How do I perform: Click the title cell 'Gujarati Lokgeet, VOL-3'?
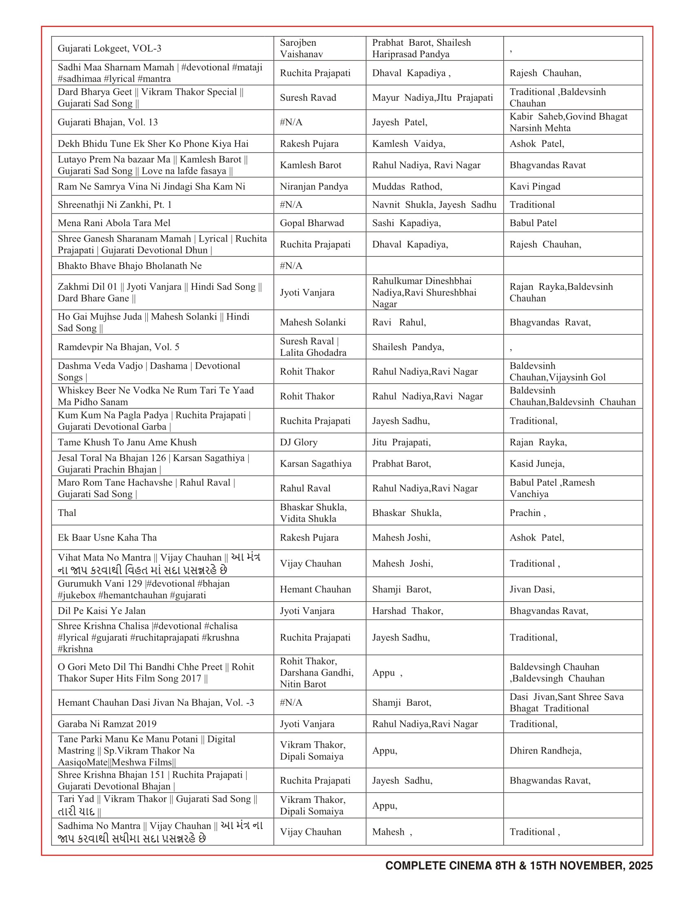109,49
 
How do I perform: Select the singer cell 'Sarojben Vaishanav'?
301,49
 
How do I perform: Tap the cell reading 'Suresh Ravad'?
308,98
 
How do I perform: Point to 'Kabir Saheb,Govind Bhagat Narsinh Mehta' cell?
568,122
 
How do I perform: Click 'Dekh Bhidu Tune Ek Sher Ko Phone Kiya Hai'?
153,144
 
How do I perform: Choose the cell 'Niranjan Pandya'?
314,186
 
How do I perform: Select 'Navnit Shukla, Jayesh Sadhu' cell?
434,204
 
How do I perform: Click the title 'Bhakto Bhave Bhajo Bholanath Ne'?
129,266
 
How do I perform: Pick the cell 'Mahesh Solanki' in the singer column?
312,322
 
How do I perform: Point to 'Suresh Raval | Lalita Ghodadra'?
313,347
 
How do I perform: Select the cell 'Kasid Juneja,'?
537,463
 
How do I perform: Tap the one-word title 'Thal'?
67,513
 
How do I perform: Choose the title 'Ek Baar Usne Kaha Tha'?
107,538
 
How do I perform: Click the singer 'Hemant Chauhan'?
315,589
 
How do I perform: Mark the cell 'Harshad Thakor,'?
407,611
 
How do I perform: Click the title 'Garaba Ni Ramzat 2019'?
107,724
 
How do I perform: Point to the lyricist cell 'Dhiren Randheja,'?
545,750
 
